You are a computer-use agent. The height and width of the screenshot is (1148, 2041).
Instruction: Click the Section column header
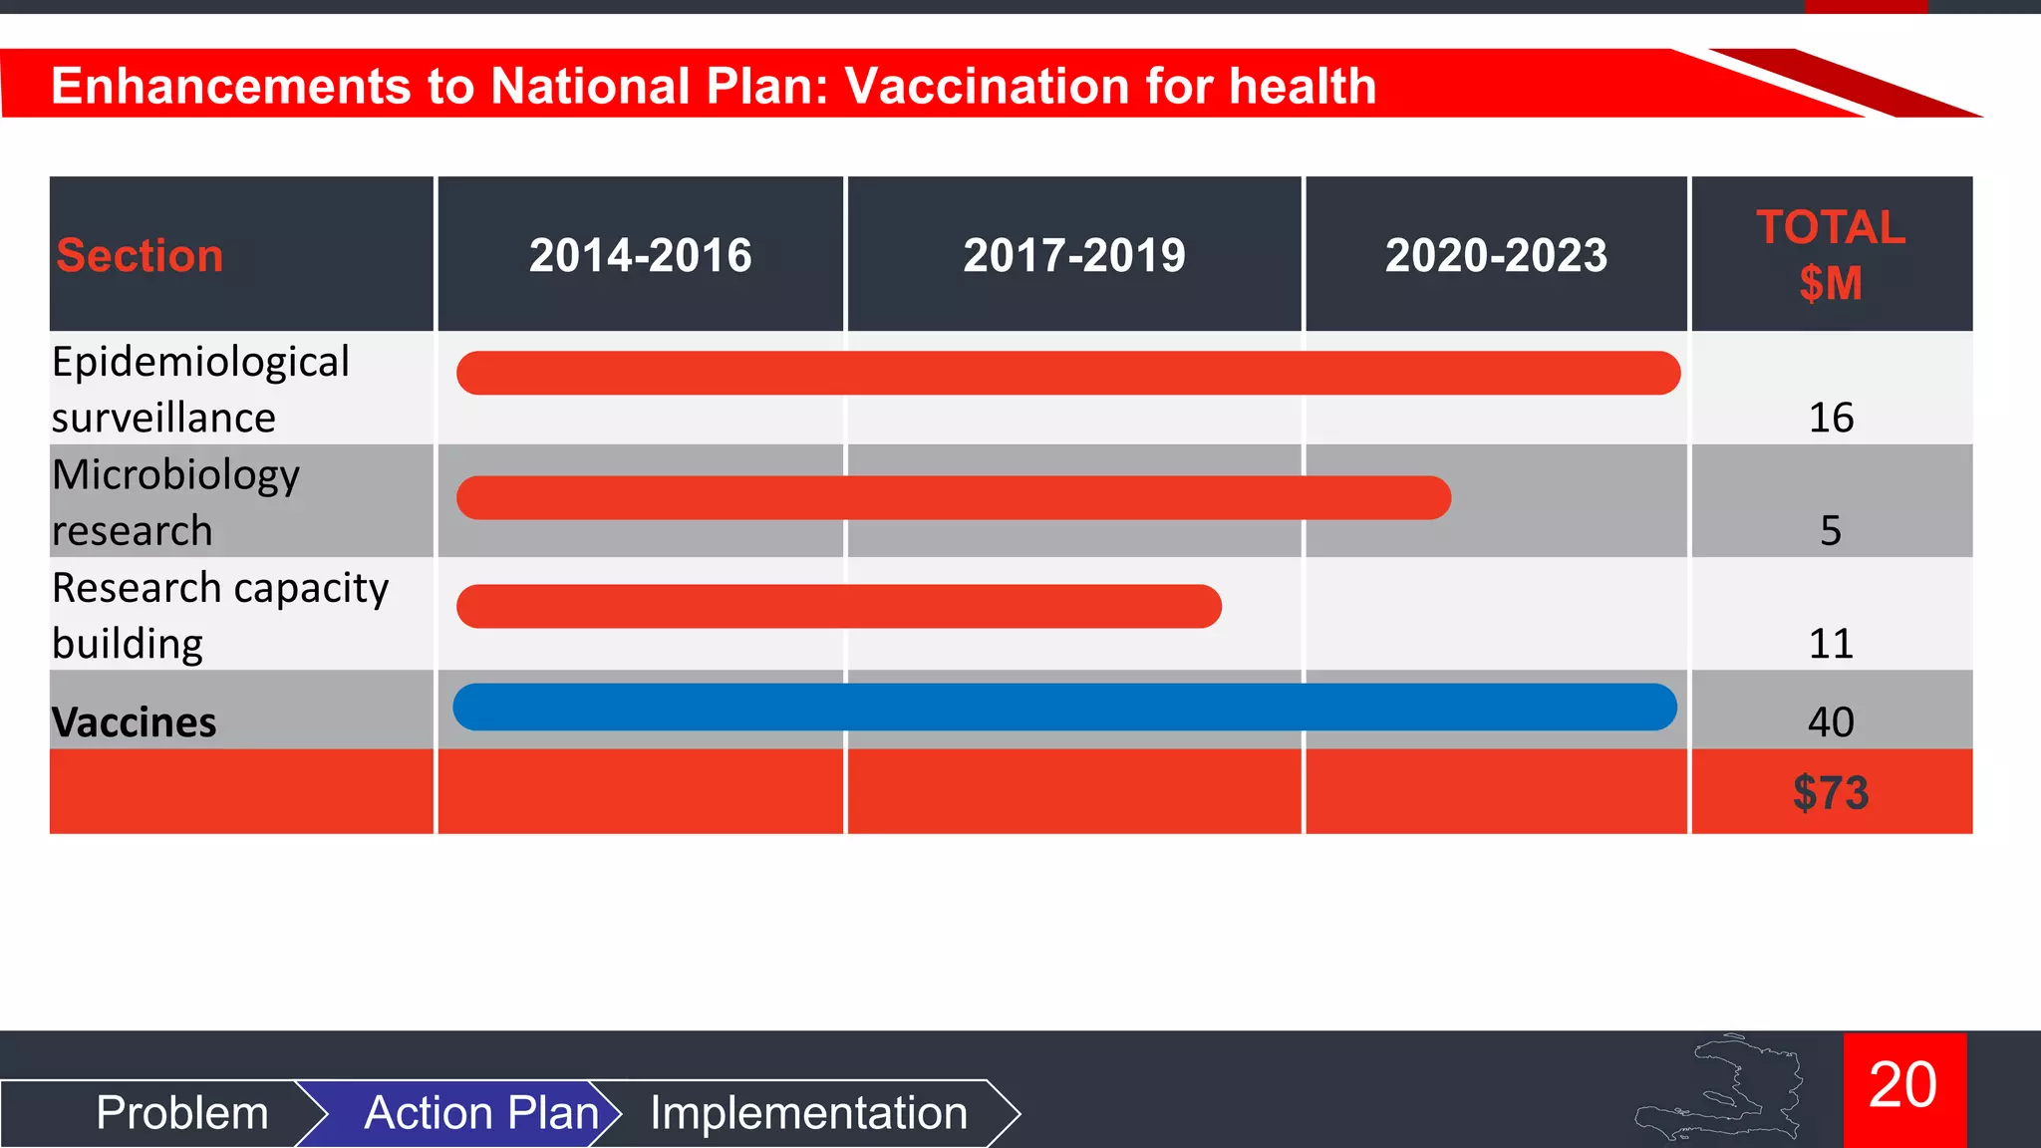140,255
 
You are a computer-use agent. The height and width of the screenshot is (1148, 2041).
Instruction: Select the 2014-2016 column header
640,255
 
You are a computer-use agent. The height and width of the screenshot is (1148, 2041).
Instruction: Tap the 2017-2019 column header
1074,255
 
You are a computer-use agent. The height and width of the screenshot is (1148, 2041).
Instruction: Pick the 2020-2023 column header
1496,255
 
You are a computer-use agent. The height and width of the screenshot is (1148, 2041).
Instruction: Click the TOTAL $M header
1831,255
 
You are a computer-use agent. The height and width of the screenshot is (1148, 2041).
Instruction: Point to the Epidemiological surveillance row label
199,389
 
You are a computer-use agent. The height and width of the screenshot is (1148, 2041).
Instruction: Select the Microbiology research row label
175,501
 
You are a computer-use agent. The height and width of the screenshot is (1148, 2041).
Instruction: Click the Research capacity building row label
219,615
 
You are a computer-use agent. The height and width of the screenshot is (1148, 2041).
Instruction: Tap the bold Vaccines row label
134,721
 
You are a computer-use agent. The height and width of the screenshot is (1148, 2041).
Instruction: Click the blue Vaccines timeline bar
1064,707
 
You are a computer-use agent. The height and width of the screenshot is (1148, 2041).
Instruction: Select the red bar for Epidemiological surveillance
1068,373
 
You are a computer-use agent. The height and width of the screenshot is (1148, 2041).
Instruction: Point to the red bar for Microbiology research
953,497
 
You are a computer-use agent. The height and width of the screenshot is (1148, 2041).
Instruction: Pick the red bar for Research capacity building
839,606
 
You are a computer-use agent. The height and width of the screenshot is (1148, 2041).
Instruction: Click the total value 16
1831,418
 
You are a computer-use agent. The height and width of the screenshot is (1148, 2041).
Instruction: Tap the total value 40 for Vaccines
1831,721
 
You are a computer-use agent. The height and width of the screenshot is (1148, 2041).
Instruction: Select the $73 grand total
1831,793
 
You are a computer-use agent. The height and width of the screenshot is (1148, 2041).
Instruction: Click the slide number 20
1903,1085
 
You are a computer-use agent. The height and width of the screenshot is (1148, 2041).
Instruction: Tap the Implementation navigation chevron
808,1112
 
